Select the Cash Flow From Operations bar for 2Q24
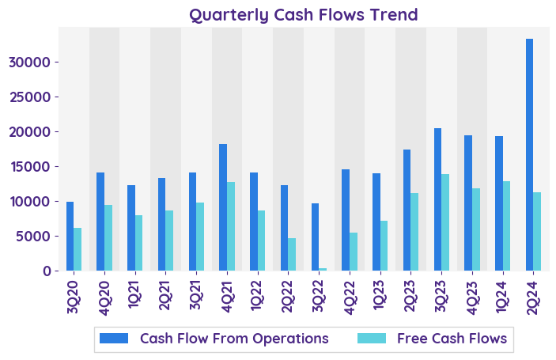[529, 155]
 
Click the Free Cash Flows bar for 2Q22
[292, 255]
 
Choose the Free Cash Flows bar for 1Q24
[506, 226]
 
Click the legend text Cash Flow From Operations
[234, 339]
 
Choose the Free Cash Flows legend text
[452, 339]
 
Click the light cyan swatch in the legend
[372, 339]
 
